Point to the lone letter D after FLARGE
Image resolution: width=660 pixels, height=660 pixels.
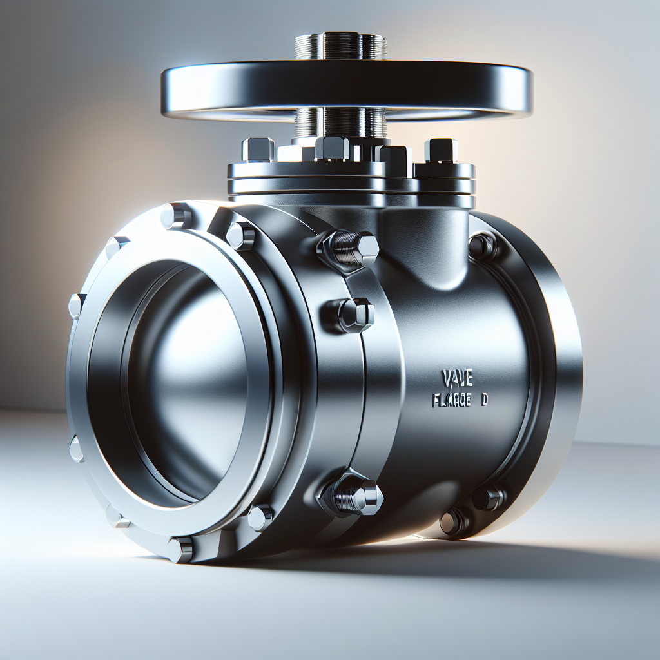[485, 400]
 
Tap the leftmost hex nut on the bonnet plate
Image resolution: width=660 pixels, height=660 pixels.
[258, 150]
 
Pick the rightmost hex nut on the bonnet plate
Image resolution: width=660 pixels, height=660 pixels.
[442, 150]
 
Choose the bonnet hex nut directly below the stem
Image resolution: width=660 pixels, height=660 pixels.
[333, 148]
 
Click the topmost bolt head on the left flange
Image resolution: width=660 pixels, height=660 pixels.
[176, 215]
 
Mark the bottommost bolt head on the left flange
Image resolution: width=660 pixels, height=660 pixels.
[180, 549]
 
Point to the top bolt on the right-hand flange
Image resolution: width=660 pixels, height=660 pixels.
[482, 245]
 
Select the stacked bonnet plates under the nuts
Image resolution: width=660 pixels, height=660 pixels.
[351, 181]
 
